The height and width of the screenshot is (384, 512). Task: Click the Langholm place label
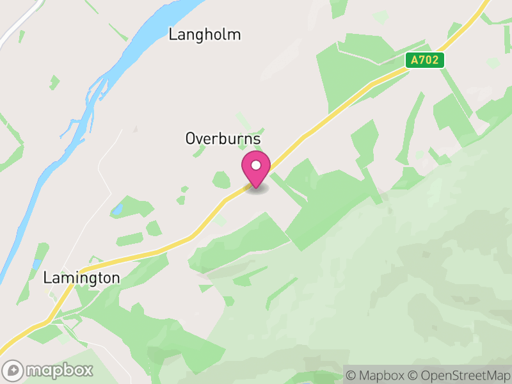(x=205, y=35)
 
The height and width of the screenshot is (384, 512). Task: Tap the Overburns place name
(x=223, y=138)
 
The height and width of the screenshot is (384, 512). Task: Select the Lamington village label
(x=81, y=278)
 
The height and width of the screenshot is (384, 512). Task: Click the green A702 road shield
(x=425, y=60)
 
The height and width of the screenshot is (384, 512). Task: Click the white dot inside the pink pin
(x=256, y=166)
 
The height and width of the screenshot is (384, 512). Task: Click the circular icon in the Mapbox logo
(x=13, y=371)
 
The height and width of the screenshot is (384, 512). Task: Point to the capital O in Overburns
(x=191, y=138)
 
